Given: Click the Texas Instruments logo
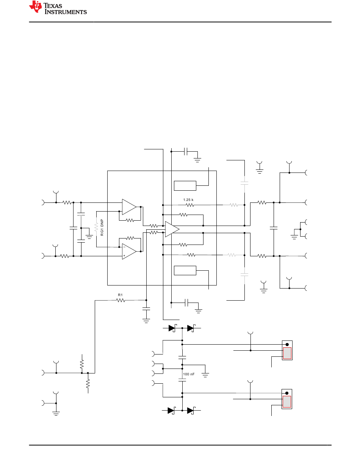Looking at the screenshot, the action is (58, 8).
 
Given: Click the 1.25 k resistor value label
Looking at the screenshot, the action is (188, 200).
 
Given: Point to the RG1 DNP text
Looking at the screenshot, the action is (102, 227).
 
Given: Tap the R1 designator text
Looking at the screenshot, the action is (120, 295).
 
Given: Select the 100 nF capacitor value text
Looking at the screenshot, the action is (189, 374).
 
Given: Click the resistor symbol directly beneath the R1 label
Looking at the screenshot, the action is (121, 300).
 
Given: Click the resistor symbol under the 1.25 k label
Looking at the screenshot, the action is (190, 205).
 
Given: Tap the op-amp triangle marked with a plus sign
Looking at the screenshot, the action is (129, 251).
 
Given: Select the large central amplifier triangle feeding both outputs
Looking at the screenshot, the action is (172, 229).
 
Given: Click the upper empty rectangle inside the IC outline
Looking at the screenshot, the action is (185, 186).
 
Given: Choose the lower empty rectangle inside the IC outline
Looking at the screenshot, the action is (185, 270).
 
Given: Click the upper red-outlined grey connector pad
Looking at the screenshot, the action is (287, 353).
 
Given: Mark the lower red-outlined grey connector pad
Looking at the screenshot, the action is (287, 402).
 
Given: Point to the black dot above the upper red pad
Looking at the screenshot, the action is (287, 345).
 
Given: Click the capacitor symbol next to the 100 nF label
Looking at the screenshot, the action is (182, 380).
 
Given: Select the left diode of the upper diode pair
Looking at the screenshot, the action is (172, 328).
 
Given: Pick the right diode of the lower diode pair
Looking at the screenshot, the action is (191, 411).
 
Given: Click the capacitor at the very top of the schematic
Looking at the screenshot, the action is (186, 152).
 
